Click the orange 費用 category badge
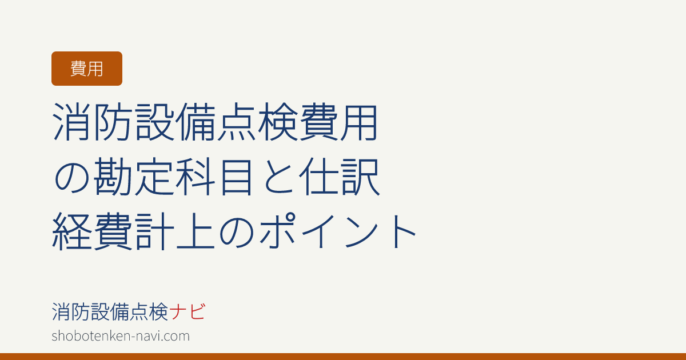pos(87,69)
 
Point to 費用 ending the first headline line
pos(338,122)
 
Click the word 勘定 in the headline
pos(134,177)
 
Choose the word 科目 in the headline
pos(214,177)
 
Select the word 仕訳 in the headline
pos(340,177)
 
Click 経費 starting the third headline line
pos(92,231)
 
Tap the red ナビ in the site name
pos(187,311)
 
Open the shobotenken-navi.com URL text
pos(121,336)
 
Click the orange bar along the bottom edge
pos(343,357)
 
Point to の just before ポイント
pos(237,233)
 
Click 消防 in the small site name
pos(71,311)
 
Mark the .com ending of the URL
pos(178,337)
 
